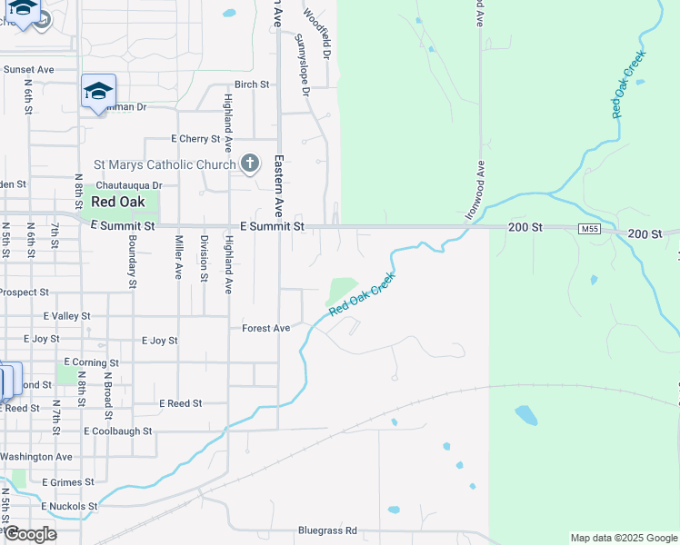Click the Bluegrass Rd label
point(327,530)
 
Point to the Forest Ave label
point(265,328)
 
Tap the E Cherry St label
point(195,139)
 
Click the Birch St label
point(252,84)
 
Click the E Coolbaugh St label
point(117,431)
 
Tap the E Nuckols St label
point(69,506)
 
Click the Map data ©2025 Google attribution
point(623,538)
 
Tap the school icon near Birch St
point(98,92)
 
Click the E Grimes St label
point(68,482)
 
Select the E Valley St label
point(66,316)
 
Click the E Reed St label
point(180,403)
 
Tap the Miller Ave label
point(178,258)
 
